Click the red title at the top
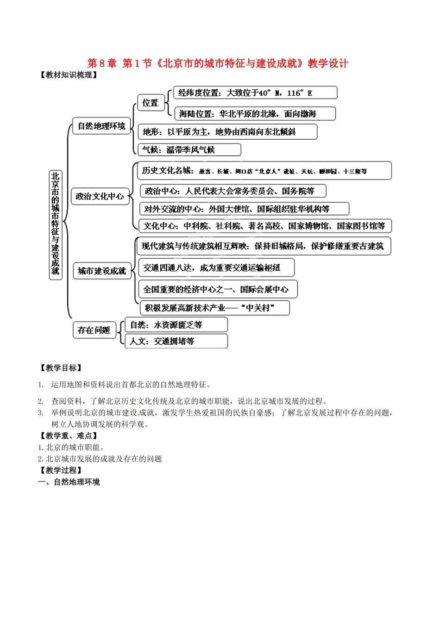218,63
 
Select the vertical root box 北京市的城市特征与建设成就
56,224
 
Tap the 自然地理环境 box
101,126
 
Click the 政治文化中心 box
100,196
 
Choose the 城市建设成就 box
102,271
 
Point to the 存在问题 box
94,330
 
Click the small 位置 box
151,103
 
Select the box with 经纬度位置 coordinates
255,93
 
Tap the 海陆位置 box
254,113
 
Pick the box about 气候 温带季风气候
189,149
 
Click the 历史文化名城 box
264,171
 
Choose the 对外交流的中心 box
244,209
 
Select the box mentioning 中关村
214,308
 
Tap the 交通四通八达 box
216,267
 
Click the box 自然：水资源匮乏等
176,325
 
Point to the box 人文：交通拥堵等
176,341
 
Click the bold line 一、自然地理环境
69,482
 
